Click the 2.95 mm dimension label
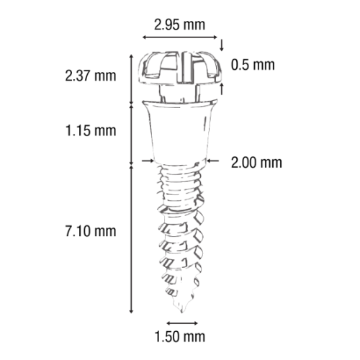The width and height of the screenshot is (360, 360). [x=179, y=25]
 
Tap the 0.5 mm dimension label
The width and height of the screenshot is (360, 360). [x=253, y=65]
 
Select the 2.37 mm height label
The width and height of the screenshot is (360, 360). [x=91, y=76]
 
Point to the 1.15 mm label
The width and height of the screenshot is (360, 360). [x=91, y=131]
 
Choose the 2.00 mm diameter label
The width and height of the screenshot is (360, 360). [x=256, y=163]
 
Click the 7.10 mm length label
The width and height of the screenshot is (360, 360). [x=91, y=231]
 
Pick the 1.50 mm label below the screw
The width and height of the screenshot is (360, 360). [x=179, y=336]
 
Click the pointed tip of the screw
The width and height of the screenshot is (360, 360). [x=181, y=312]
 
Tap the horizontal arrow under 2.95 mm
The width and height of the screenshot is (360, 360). [x=180, y=37]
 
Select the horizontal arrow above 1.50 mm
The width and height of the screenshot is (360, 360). [x=182, y=323]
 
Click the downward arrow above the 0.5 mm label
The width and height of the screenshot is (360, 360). [x=222, y=45]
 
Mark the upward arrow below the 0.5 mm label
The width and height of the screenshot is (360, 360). [x=222, y=89]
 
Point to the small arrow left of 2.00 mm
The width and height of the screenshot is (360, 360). [x=213, y=161]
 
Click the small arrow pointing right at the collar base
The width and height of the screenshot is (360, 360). [x=148, y=161]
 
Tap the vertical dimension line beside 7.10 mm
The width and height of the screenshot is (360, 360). [x=131, y=238]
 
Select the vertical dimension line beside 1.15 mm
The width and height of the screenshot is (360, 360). [x=131, y=134]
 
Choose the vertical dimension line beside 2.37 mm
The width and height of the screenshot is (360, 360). [x=131, y=79]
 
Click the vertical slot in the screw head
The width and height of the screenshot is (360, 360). [x=184, y=67]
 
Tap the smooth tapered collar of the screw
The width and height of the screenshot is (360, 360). [x=180, y=132]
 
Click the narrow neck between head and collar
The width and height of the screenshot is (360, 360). [x=179, y=94]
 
